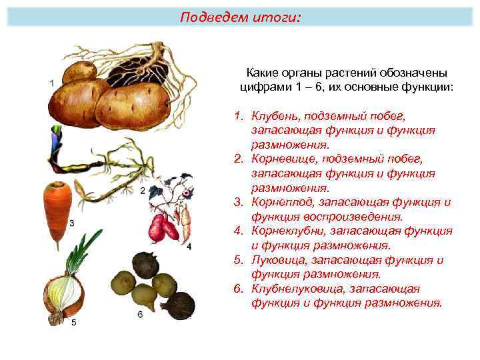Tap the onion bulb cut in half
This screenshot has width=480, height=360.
[65, 295]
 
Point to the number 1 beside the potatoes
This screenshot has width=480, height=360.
[52, 83]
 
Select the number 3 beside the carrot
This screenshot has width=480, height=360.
[71, 222]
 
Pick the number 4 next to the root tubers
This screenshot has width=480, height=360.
[188, 247]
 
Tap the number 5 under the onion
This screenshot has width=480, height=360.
[73, 323]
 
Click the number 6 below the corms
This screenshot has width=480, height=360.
[140, 313]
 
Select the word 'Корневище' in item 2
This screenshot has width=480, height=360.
[281, 159]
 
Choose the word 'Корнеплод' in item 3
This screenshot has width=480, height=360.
[283, 203]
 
